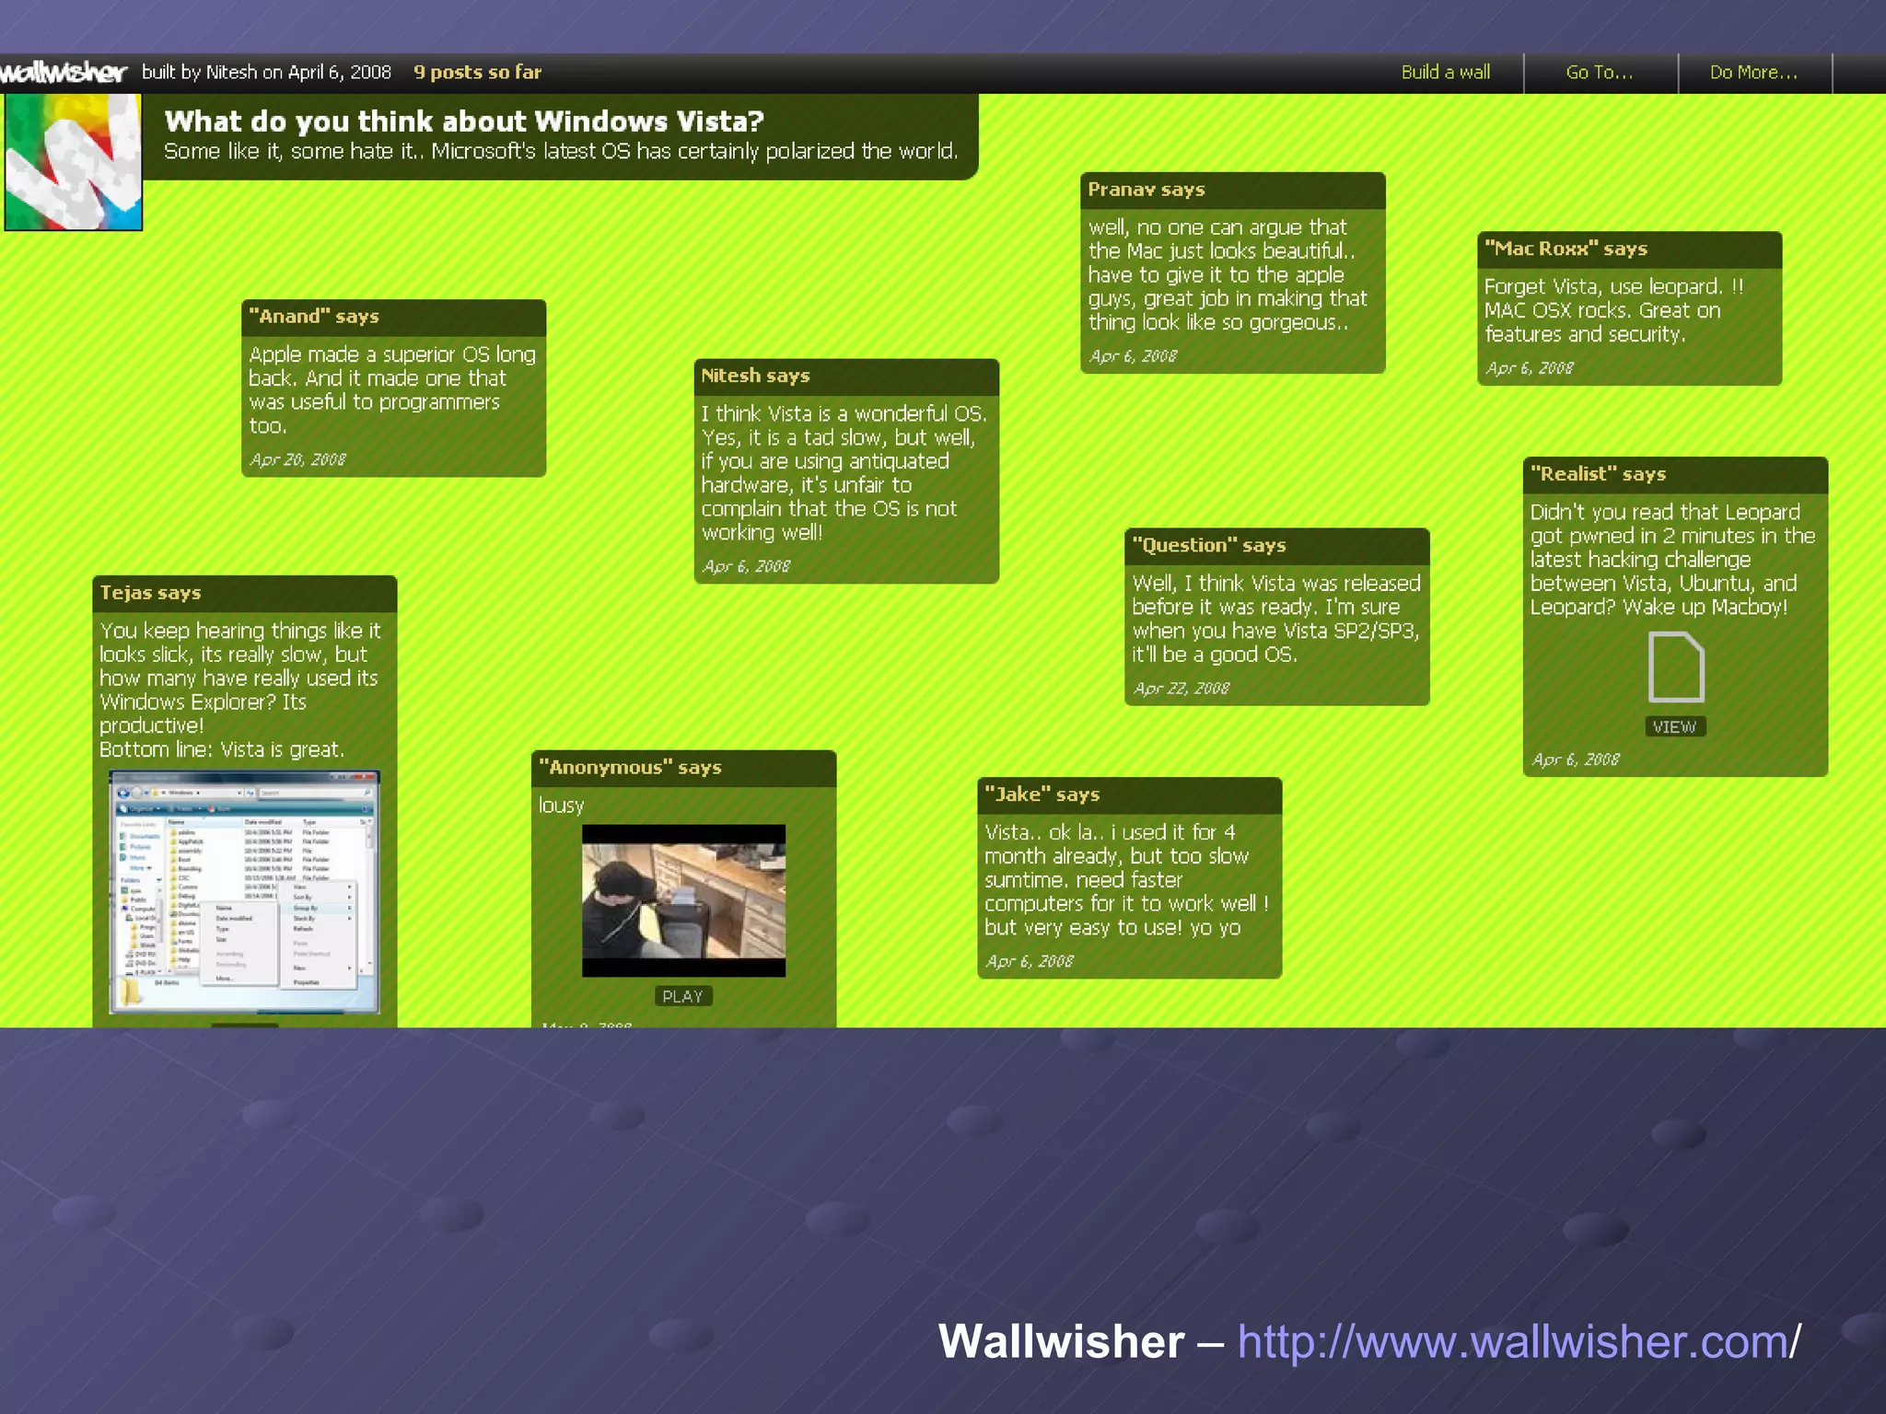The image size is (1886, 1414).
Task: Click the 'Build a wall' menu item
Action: point(1445,72)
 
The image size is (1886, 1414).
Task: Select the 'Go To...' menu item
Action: point(1600,72)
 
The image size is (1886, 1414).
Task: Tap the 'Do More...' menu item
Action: point(1753,72)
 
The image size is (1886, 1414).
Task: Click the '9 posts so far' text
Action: point(477,72)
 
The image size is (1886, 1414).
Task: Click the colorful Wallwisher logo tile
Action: point(73,162)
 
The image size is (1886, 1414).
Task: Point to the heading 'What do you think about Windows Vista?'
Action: point(464,122)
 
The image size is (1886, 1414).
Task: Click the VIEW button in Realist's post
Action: point(1674,727)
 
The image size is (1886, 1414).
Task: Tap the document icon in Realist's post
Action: point(1675,667)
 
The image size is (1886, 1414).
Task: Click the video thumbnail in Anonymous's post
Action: point(683,900)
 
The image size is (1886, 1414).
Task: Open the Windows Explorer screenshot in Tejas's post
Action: point(244,891)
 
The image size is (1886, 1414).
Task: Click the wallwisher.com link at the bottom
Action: point(1518,1341)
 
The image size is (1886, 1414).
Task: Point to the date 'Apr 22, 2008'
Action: point(1182,689)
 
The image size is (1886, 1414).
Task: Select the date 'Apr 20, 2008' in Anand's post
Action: point(297,459)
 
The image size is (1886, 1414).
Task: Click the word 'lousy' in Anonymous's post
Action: point(561,806)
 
